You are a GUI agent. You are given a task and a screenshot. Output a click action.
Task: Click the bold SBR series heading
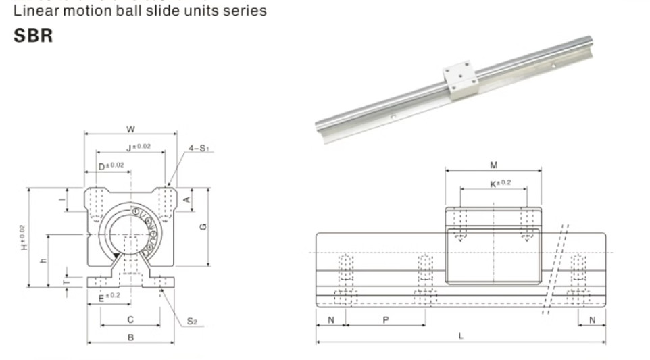coord(33,36)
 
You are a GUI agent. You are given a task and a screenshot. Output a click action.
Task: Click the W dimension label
coord(131,128)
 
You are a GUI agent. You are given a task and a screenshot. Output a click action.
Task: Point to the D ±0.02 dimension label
coord(111,165)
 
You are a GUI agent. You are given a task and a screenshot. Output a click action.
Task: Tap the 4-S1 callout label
coord(198,147)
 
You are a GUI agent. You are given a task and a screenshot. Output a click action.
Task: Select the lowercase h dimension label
coord(43,260)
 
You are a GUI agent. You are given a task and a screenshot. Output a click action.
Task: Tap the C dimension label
coord(130,319)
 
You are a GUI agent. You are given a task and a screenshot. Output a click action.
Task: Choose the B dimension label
coord(131,336)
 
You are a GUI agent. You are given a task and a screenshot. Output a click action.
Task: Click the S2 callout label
coord(192,321)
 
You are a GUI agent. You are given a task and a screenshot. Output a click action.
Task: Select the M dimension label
coord(493,165)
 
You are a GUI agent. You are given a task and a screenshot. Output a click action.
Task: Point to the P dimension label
coord(385,319)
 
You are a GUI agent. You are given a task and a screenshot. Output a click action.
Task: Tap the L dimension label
coord(461,336)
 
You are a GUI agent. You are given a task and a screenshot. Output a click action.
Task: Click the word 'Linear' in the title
coord(33,11)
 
